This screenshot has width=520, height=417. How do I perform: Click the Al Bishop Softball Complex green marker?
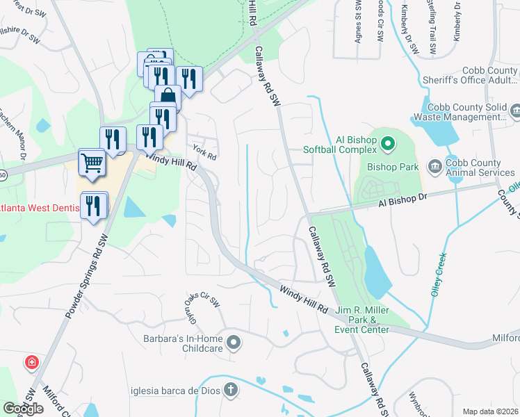[388, 144]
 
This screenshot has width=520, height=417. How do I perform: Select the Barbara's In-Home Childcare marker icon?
[234, 341]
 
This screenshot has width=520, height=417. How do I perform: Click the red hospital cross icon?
[31, 362]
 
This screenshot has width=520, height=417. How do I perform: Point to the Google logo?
[23, 409]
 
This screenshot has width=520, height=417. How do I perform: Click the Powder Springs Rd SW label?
[89, 277]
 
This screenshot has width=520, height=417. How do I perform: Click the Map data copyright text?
[491, 411]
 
